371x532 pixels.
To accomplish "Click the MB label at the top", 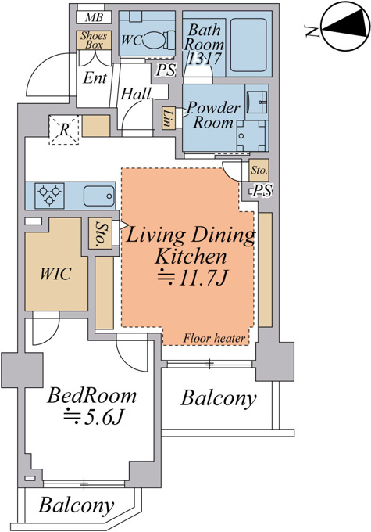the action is [94, 17].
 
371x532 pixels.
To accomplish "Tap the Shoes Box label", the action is [94, 40].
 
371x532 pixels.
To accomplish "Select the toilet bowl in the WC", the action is [157, 41].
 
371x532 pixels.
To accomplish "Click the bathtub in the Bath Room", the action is [248, 45].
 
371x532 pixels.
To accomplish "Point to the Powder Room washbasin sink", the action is [256, 101].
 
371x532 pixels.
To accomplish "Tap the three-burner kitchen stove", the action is [49, 196].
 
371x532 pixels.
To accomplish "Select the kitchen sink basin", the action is [99, 196].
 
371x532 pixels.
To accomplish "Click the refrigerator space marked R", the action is [64, 130].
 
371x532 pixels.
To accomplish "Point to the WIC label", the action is [56, 274].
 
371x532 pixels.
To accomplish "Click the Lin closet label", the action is [167, 117].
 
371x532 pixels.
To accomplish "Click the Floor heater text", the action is [214, 338].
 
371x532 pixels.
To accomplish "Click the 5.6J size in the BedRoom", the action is [92, 417].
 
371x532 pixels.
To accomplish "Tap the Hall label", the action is [136, 94].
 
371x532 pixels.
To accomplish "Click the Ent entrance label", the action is [95, 78].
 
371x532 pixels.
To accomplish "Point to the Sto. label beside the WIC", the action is [100, 234].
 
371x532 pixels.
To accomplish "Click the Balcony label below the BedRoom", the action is [76, 506].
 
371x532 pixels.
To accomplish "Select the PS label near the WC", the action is [166, 70].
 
